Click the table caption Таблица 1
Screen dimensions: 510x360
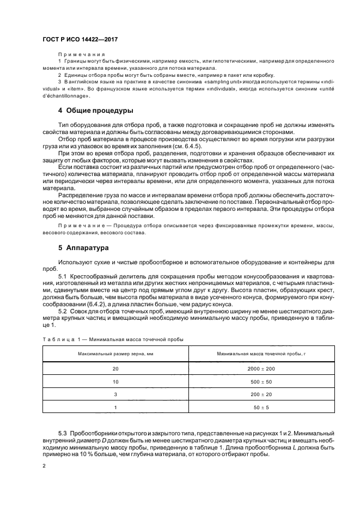(56, 339)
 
